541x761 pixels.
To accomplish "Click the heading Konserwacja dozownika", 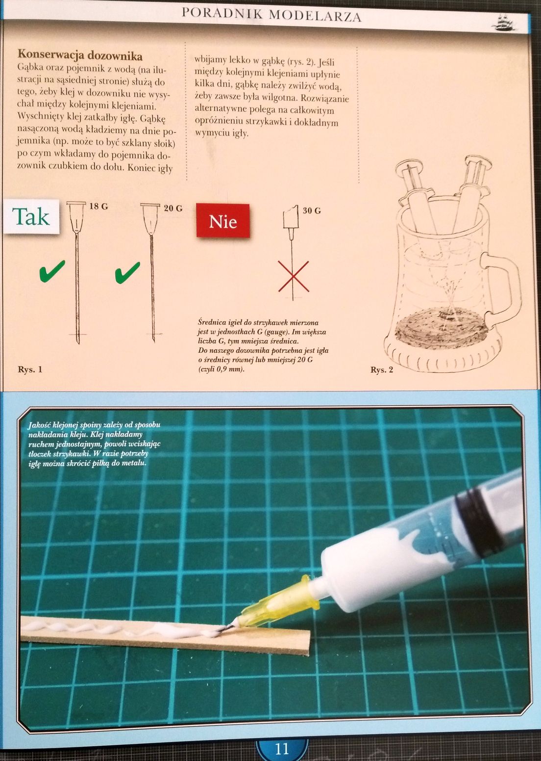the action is click(x=80, y=54).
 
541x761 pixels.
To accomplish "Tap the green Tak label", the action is click(x=31, y=217).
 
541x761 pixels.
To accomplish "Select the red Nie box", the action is click(x=223, y=221).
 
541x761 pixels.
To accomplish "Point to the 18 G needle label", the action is click(x=99, y=206).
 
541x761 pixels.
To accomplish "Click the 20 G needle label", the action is click(x=173, y=208).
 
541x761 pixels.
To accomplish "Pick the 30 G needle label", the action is click(x=312, y=210).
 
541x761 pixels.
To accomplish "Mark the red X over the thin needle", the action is click(x=294, y=276).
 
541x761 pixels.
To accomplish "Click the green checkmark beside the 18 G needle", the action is click(x=52, y=271).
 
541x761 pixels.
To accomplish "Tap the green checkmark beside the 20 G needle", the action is click(x=127, y=272).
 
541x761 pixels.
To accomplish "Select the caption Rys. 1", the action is click(x=30, y=369).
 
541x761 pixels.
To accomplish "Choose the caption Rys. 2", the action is click(x=382, y=369).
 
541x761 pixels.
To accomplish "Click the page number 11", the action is click(x=282, y=748).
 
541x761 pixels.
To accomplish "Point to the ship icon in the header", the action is click(x=505, y=23).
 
